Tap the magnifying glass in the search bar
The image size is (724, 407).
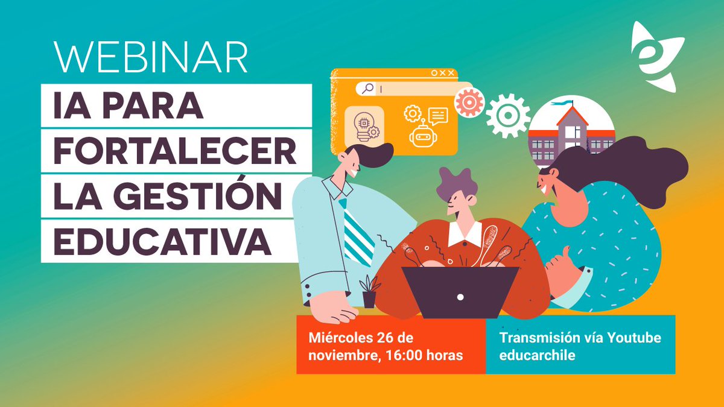pyautogui.click(x=366, y=89)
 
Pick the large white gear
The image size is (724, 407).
pyautogui.click(x=508, y=115)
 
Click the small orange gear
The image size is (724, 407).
pyautogui.click(x=469, y=102)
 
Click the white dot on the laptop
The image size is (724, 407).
pyautogui.click(x=460, y=297)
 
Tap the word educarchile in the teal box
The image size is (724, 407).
pyautogui.click(x=536, y=355)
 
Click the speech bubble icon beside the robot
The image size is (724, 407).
pyautogui.click(x=438, y=115)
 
